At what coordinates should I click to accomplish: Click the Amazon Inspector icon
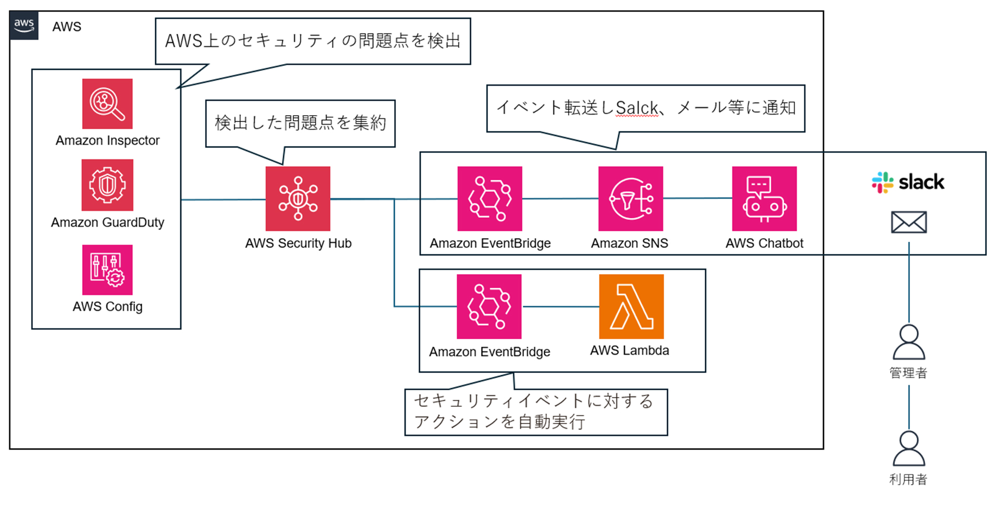[x=107, y=104]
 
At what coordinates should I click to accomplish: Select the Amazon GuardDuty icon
[x=107, y=185]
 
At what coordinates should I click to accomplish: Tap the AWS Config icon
[x=107, y=270]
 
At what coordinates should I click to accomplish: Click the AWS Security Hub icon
[x=298, y=199]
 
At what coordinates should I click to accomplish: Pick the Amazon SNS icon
[x=631, y=199]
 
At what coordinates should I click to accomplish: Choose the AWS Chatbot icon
[x=764, y=199]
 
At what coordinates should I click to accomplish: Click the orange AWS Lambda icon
[x=631, y=307]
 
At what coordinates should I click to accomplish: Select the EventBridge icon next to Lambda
[x=489, y=307]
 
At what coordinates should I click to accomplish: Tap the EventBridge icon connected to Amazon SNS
[x=490, y=199]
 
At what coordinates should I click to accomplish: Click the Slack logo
[x=908, y=182]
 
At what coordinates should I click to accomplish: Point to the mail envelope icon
[x=909, y=222]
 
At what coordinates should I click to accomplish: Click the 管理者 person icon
[x=909, y=342]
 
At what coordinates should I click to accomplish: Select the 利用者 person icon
[x=909, y=448]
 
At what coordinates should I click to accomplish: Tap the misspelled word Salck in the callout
[x=636, y=108]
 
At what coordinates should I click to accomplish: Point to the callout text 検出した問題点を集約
[x=301, y=123]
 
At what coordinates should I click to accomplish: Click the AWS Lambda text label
[x=630, y=351]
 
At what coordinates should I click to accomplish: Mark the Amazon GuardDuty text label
[x=107, y=222]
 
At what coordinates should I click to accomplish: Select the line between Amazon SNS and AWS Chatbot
[x=697, y=199]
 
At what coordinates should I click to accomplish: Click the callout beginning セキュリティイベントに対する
[x=536, y=412]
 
